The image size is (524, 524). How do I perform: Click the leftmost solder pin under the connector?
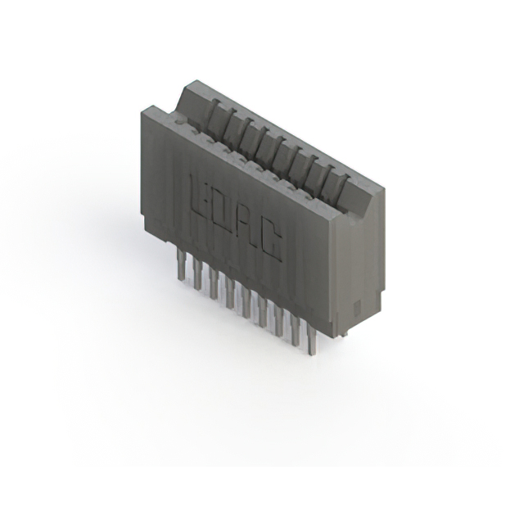tap(178, 266)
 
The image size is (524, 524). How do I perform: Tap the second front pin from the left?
tap(196, 275)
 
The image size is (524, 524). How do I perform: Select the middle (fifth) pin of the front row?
tap(246, 303)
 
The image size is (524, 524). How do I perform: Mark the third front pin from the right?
tap(278, 322)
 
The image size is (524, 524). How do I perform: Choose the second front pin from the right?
tap(295, 331)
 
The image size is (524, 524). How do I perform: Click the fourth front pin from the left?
tap(229, 294)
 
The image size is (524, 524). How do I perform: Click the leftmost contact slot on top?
tap(211, 114)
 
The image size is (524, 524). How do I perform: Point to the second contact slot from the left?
tap(228, 123)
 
